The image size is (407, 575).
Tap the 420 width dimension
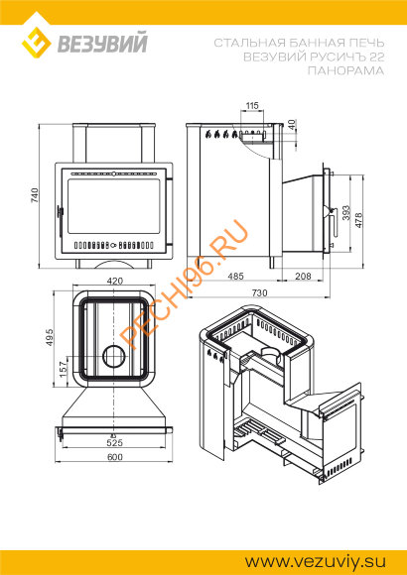point(114,282)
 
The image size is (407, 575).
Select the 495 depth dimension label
point(50,337)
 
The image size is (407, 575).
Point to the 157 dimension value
point(64,369)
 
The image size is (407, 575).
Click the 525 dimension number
point(114,443)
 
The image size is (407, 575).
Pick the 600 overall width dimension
point(115,457)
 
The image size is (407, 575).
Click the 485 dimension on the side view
point(235,276)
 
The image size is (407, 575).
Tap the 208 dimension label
point(303,276)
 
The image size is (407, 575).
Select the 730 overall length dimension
point(259,293)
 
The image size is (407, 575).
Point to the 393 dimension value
point(346,213)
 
